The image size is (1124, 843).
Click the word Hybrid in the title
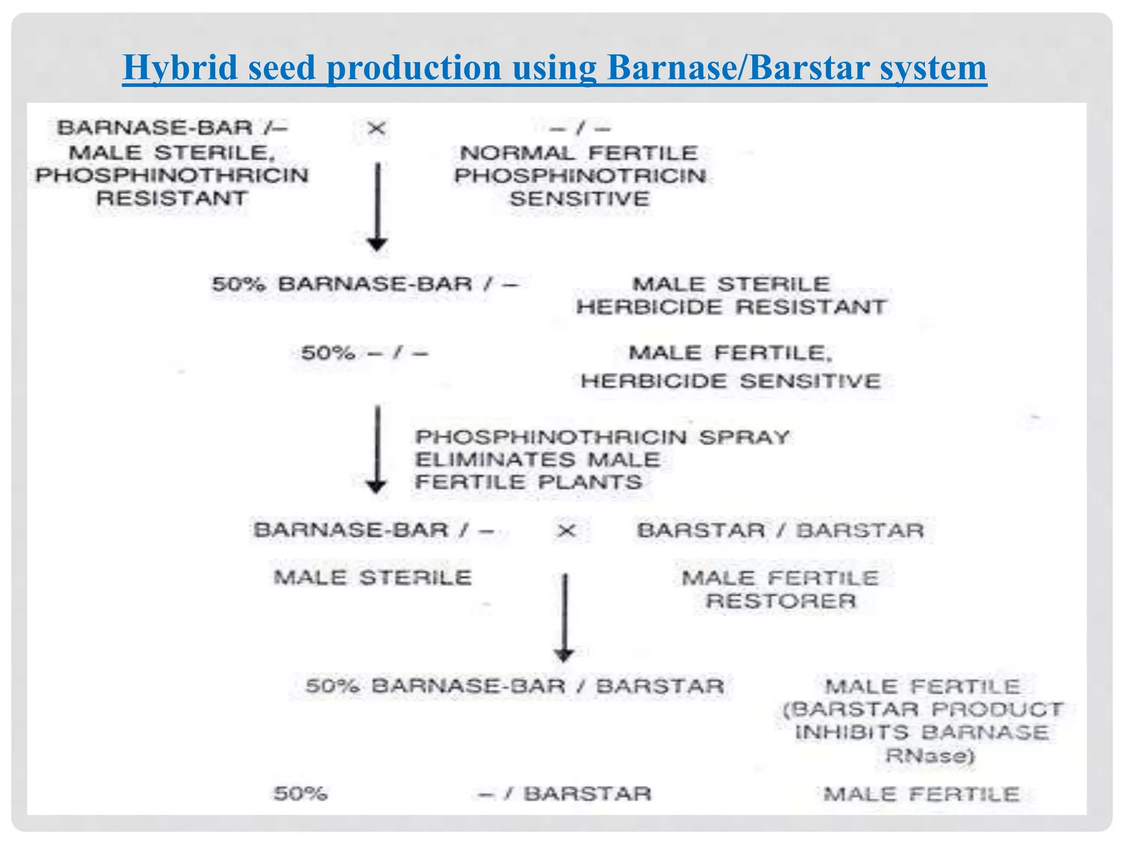point(181,68)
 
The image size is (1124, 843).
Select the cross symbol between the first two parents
point(376,129)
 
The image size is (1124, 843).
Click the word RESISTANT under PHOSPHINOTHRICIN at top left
point(172,198)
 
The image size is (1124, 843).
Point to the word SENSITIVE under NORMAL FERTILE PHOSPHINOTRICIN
point(580,199)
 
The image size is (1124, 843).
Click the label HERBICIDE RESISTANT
point(731,307)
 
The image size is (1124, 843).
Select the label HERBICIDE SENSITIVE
point(731,381)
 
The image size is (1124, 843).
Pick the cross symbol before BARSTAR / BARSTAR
point(566,531)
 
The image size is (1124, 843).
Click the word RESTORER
point(780,601)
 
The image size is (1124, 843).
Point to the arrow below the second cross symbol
point(564,617)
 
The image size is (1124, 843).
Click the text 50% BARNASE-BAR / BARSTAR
point(515,686)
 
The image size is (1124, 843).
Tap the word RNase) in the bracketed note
point(930,756)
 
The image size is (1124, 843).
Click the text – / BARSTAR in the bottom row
point(565,794)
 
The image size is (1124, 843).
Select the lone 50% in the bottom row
point(300,794)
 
